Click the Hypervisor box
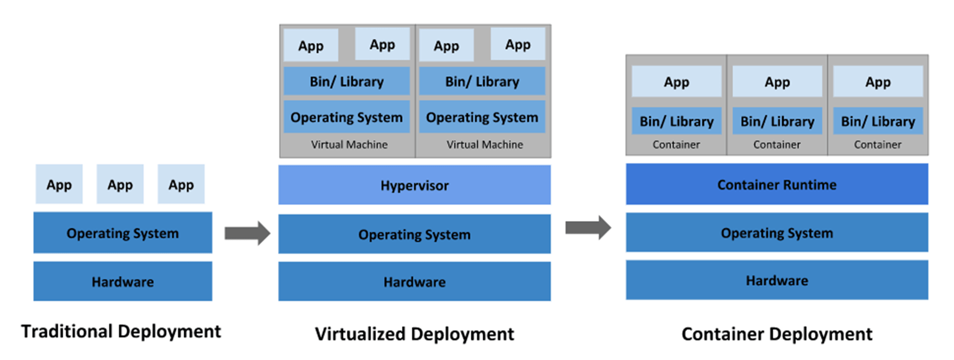pyautogui.click(x=414, y=185)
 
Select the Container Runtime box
pyautogui.click(x=776, y=184)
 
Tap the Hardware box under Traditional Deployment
pyautogui.click(x=122, y=281)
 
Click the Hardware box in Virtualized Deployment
pyautogui.click(x=414, y=281)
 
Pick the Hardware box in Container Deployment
pyautogui.click(x=776, y=280)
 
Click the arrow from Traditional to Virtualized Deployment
pyautogui.click(x=247, y=234)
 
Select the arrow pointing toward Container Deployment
pyautogui.click(x=588, y=227)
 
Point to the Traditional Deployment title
pyautogui.click(x=121, y=331)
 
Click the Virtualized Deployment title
pyautogui.click(x=414, y=334)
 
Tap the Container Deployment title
pyautogui.click(x=776, y=334)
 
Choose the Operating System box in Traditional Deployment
pyautogui.click(x=122, y=233)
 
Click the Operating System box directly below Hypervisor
pyautogui.click(x=414, y=234)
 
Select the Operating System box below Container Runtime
pyautogui.click(x=776, y=233)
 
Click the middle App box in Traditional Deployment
pyautogui.click(x=120, y=185)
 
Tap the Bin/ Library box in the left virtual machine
pyautogui.click(x=346, y=81)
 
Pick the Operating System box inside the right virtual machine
pyautogui.click(x=482, y=117)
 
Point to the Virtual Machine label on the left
pyautogui.click(x=349, y=145)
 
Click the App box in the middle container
pyautogui.click(x=777, y=82)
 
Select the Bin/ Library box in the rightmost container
pyautogui.click(x=877, y=121)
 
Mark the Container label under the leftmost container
pyautogui.click(x=676, y=145)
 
